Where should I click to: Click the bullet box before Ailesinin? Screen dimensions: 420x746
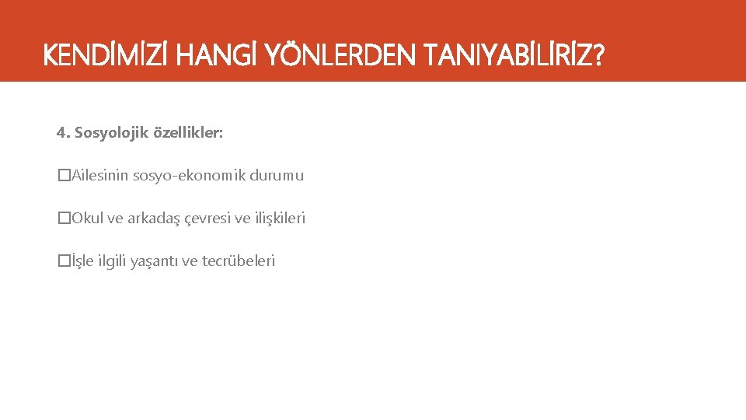64,176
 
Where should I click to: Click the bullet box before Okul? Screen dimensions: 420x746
64,219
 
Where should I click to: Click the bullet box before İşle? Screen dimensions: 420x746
64,261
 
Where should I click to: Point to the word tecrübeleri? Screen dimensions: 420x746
239,261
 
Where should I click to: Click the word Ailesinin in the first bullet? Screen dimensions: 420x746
100,176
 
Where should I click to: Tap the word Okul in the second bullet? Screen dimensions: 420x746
86,219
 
